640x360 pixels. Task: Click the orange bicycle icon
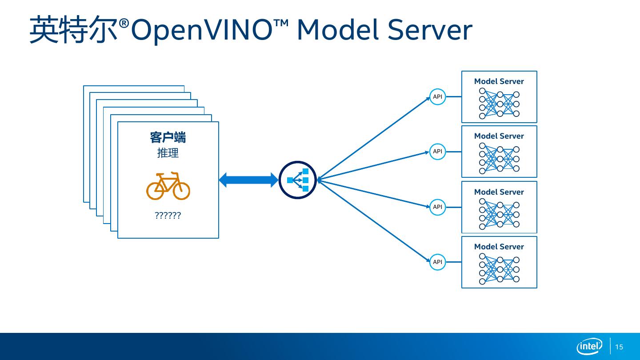click(168, 186)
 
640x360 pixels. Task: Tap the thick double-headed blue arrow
click(248, 180)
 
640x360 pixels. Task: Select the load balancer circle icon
click(298, 180)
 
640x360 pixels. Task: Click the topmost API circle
click(438, 97)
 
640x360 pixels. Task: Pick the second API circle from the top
click(438, 152)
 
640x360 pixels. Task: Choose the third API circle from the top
click(438, 207)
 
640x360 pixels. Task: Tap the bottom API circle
click(438, 262)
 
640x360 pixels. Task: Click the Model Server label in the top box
click(499, 81)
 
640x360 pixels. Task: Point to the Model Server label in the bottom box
click(499, 247)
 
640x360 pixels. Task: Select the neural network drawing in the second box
click(499, 159)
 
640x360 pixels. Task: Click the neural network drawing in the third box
click(499, 214)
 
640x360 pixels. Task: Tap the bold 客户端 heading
click(168, 137)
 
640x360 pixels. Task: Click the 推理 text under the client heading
click(168, 153)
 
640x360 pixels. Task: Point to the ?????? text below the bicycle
click(168, 216)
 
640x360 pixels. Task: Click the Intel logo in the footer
click(589, 347)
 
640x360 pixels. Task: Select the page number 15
click(619, 347)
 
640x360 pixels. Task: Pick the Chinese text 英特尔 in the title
click(74, 30)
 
